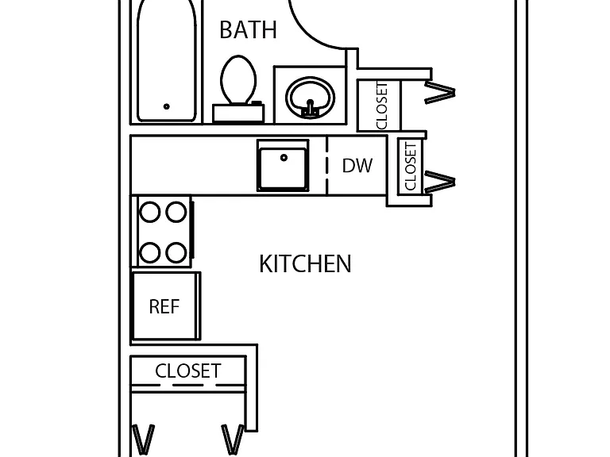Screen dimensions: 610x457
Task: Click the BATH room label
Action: coord(248,29)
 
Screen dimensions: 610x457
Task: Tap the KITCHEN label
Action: coord(305,264)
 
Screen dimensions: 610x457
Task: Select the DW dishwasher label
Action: coord(357,166)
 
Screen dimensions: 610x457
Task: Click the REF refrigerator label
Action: coord(164,306)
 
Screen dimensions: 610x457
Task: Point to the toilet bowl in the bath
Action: coord(238,80)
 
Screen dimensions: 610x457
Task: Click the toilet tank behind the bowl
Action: coord(238,113)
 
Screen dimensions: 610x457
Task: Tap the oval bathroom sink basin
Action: coord(310,97)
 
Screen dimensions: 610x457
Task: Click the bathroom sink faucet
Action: coord(310,108)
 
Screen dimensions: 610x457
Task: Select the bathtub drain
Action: coord(167,106)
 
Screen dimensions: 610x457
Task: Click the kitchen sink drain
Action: coord(284,157)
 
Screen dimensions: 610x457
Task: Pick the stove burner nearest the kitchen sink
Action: coord(176,212)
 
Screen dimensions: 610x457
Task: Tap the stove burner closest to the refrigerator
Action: coord(150,252)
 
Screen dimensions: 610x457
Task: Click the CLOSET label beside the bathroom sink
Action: coord(382,106)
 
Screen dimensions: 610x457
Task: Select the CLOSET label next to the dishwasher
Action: coord(411,167)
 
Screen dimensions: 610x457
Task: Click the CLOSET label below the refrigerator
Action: coord(188,371)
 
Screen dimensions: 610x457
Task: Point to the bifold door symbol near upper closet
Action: coord(440,92)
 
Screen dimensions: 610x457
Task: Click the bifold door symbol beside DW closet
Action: coord(440,182)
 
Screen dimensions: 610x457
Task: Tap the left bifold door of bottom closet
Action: coord(144,440)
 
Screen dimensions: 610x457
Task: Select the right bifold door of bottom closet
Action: coord(233,440)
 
